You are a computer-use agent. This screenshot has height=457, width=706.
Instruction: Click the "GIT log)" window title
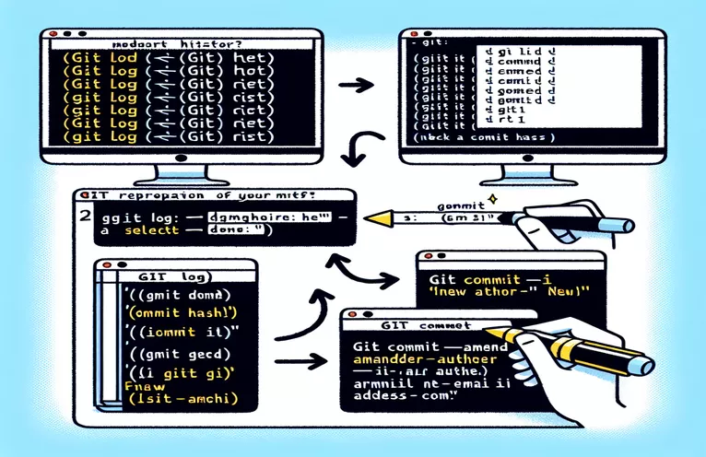click(x=175, y=276)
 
